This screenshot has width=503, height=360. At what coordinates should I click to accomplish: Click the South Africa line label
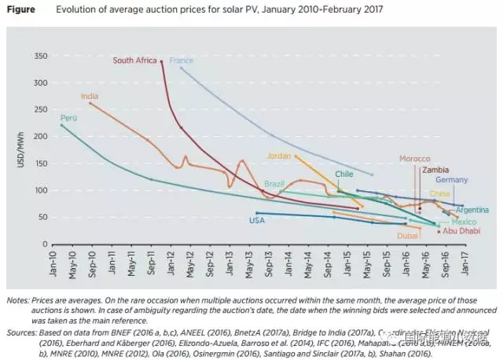coord(135,60)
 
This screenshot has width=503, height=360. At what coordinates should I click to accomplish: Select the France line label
coord(182,61)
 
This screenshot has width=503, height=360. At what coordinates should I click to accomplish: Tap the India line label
coord(90,96)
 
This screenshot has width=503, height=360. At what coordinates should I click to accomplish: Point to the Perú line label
coord(68,117)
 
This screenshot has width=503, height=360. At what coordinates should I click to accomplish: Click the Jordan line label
coord(279,156)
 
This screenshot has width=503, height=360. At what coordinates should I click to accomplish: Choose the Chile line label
coord(344,174)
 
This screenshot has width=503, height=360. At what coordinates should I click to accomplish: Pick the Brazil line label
coord(274,184)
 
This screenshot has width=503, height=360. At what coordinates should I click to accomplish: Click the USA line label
coord(257,220)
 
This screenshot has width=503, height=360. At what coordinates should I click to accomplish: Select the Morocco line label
coord(415,159)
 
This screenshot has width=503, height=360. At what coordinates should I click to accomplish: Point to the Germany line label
coord(452,180)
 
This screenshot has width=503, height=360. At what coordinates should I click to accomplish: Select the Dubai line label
coord(407,235)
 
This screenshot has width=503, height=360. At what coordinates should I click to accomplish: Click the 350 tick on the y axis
coord(40,56)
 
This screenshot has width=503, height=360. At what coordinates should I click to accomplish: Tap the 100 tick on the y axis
coord(40,190)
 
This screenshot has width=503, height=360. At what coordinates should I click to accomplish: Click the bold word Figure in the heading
coord(20,10)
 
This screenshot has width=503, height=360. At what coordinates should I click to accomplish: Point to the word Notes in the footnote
coord(17,300)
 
